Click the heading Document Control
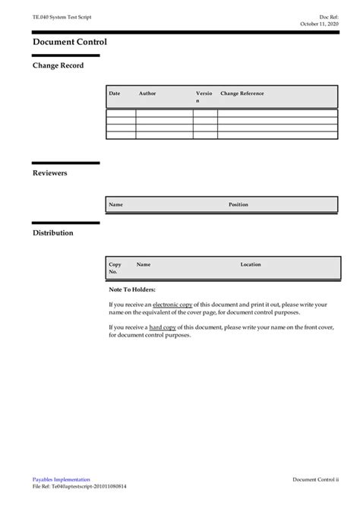(x=70, y=42)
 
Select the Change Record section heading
(x=58, y=65)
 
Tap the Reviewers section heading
(x=49, y=173)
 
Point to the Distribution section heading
(x=52, y=232)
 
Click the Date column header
(x=115, y=93)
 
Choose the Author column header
(x=147, y=93)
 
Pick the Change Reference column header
(x=242, y=93)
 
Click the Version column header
(x=204, y=96)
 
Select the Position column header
(x=238, y=204)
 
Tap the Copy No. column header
(x=115, y=267)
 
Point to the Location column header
(x=251, y=264)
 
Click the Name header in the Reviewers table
(x=116, y=204)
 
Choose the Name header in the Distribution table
(x=144, y=264)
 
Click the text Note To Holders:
(x=132, y=289)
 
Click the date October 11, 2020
(x=319, y=24)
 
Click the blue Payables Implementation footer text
(x=61, y=479)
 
